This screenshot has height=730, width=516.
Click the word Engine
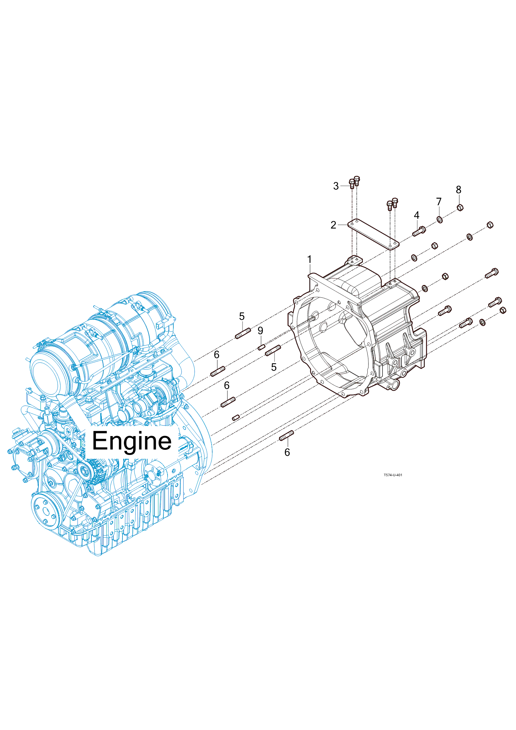click(132, 441)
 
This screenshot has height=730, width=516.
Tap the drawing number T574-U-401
click(393, 475)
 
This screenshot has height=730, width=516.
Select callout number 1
click(309, 259)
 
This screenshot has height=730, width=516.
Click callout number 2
click(333, 225)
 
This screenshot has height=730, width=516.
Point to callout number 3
click(336, 186)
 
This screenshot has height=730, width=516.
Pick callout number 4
click(417, 215)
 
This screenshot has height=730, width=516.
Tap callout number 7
click(439, 202)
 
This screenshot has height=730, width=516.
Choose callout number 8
click(459, 190)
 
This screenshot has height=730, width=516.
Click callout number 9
click(260, 331)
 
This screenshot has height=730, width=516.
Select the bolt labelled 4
click(419, 231)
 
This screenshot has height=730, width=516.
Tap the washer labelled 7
click(440, 219)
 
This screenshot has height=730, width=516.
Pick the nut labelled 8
click(460, 207)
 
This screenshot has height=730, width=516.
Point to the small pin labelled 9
click(261, 347)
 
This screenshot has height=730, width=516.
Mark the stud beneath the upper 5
click(243, 333)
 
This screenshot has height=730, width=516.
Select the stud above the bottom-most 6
click(286, 436)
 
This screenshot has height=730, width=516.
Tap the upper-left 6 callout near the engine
click(216, 355)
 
